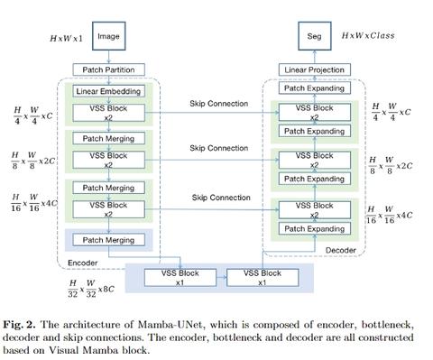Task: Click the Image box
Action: tap(109, 37)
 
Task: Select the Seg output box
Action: tap(315, 37)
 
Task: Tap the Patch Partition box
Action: tap(109, 69)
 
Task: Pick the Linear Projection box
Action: tap(315, 69)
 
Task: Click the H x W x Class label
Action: tap(370, 36)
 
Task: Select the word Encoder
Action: tap(83, 263)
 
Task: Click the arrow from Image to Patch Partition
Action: tap(109, 57)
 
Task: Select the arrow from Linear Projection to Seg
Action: tap(315, 57)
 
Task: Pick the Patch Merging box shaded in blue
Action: tap(109, 240)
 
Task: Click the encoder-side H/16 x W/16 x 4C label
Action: tap(36, 201)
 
